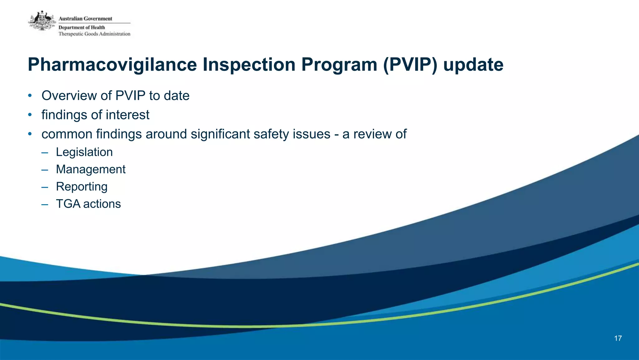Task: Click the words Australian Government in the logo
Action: pyautogui.click(x=85, y=19)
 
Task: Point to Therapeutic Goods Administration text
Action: pyautogui.click(x=94, y=34)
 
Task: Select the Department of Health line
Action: pyautogui.click(x=82, y=27)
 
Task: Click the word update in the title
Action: pyautogui.click(x=473, y=65)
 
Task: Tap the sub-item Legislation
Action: pyautogui.click(x=84, y=152)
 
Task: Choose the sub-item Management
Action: pyautogui.click(x=90, y=169)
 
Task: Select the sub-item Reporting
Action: pyautogui.click(x=82, y=187)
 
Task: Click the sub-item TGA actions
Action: pyautogui.click(x=88, y=204)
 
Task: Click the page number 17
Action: pyautogui.click(x=618, y=338)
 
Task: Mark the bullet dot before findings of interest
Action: pyautogui.click(x=30, y=115)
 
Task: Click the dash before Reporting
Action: pyautogui.click(x=45, y=187)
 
